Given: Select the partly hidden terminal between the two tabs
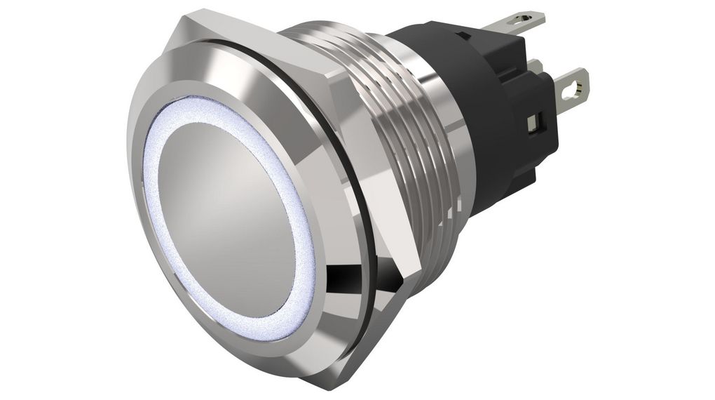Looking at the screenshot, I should pos(536,67).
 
